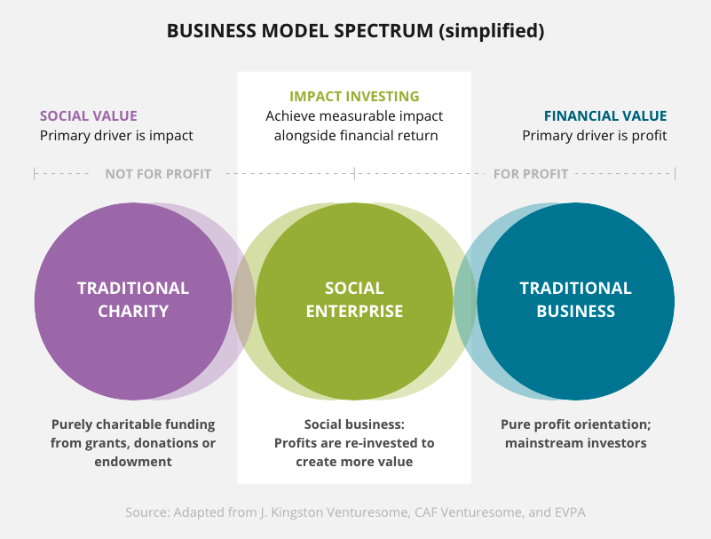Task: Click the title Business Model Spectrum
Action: (x=355, y=31)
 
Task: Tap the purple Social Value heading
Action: (x=88, y=115)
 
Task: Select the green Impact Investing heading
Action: (x=354, y=96)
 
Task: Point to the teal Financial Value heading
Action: (x=605, y=115)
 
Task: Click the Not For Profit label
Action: (x=158, y=173)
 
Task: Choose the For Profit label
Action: (x=531, y=173)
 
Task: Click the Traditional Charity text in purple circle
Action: (x=133, y=299)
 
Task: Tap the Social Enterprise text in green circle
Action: (x=354, y=299)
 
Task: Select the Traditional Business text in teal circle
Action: (x=575, y=299)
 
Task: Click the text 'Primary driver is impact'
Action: (x=116, y=136)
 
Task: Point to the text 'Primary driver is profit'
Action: (x=595, y=136)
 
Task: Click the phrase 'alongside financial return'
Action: (x=355, y=136)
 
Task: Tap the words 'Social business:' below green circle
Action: (x=354, y=424)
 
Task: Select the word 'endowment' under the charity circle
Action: (x=133, y=461)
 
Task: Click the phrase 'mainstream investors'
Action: (x=575, y=442)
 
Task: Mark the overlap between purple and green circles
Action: (x=244, y=300)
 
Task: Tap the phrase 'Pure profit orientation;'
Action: (x=575, y=424)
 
